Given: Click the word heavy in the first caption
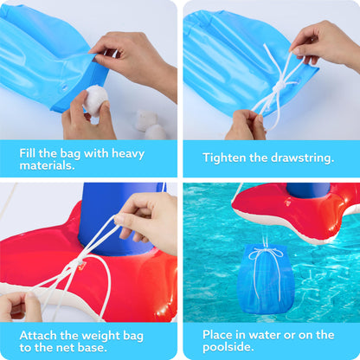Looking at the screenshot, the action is pos(128,153).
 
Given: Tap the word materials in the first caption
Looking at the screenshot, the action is pos(47,165).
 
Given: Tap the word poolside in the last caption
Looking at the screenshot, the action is pos(228,347).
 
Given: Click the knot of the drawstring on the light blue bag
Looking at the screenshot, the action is pos(279,86).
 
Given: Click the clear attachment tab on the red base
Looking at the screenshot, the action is pos(80,266).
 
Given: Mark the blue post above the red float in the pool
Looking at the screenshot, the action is pos(308,190).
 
